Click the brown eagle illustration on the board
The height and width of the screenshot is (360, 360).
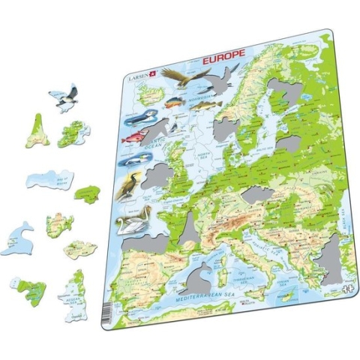178,75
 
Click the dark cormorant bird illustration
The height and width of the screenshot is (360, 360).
131,184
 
